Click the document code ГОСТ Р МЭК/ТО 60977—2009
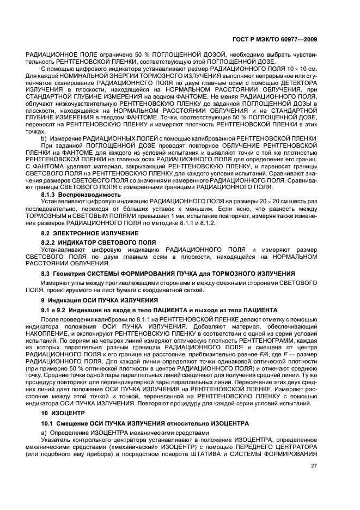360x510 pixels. coord(276,39)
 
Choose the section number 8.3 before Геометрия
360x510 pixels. coord(46,272)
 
